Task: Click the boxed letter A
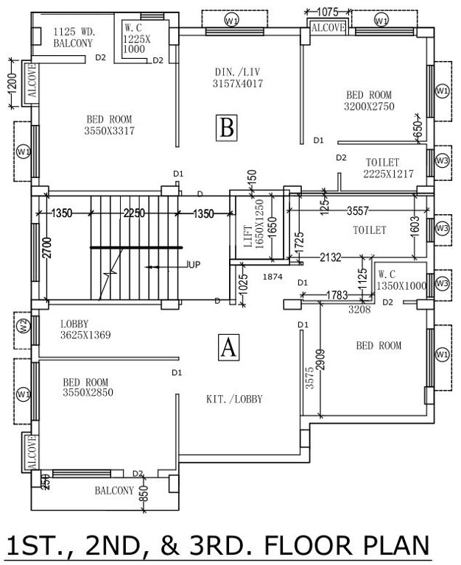[229, 346]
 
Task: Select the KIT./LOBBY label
[234, 399]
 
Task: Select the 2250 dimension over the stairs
[134, 213]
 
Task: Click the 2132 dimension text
[330, 257]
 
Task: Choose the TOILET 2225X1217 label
[387, 168]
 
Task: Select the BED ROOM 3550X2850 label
[85, 388]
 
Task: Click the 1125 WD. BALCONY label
[73, 38]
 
